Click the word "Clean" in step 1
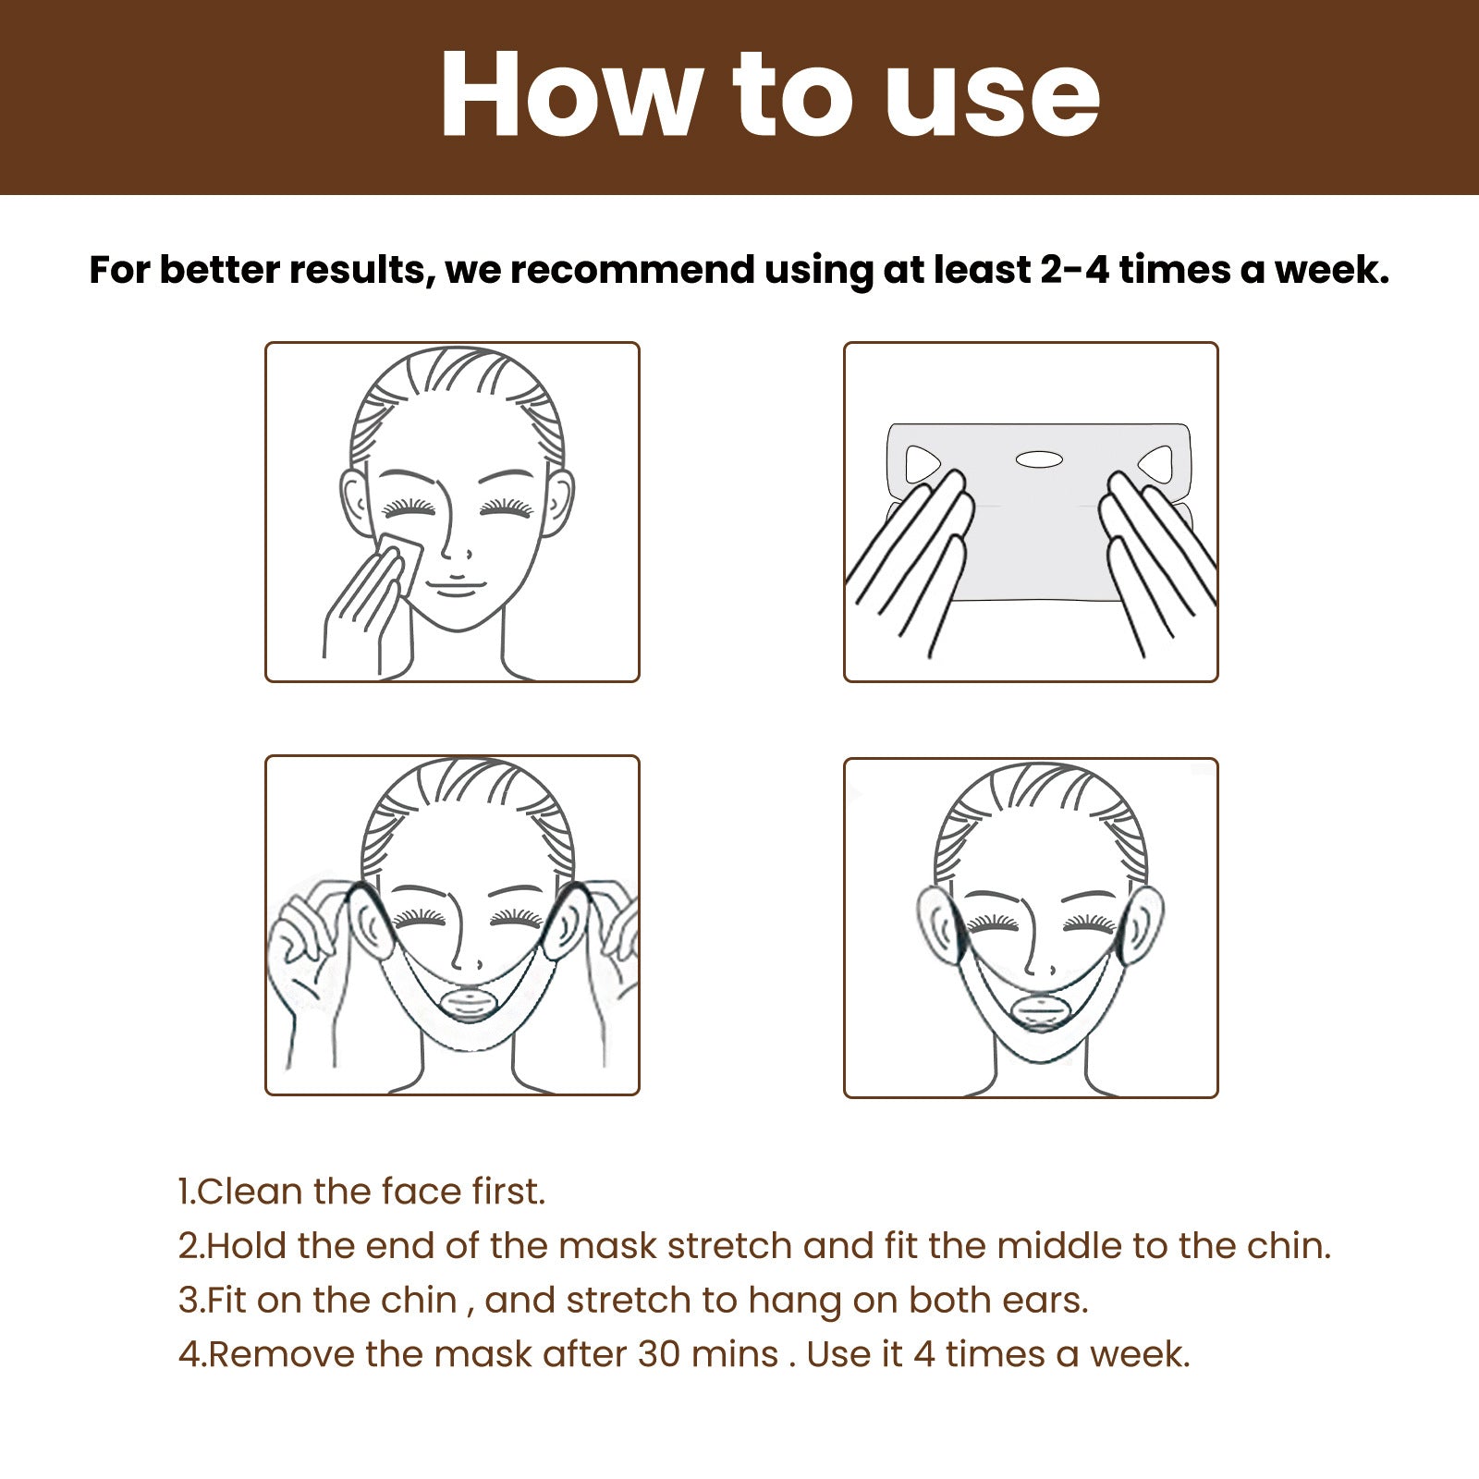tap(251, 1192)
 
